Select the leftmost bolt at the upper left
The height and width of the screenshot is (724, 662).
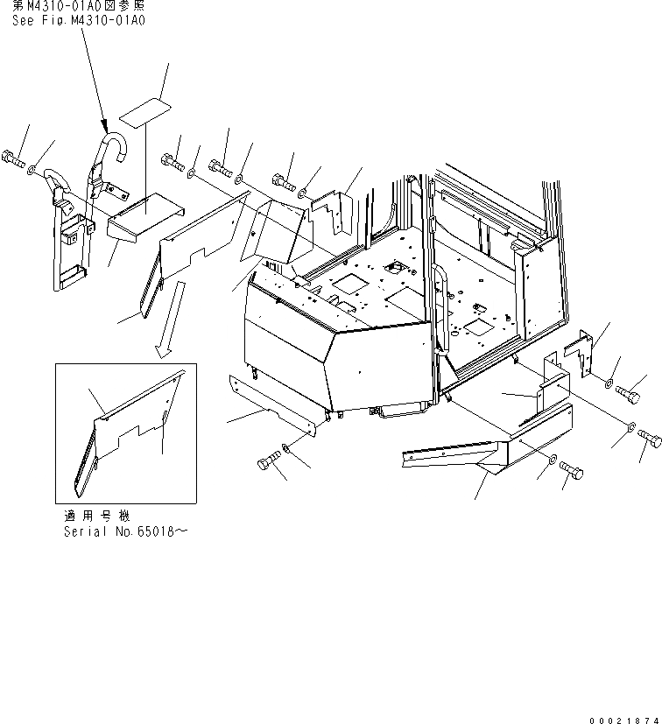coord(12,159)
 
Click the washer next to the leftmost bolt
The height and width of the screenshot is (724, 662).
coord(32,169)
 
